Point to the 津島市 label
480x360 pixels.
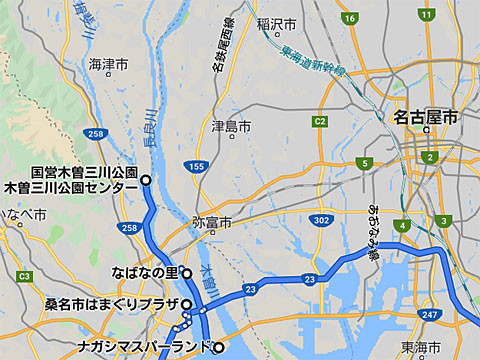coord(231,127)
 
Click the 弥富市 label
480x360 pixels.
coord(211,222)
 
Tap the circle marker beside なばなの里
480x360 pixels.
coord(187,272)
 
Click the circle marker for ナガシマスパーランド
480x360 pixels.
coord(218,348)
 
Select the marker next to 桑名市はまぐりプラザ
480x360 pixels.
coord(186,304)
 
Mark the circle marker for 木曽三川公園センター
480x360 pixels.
coord(146,180)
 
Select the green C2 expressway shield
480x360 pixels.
coord(319,122)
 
